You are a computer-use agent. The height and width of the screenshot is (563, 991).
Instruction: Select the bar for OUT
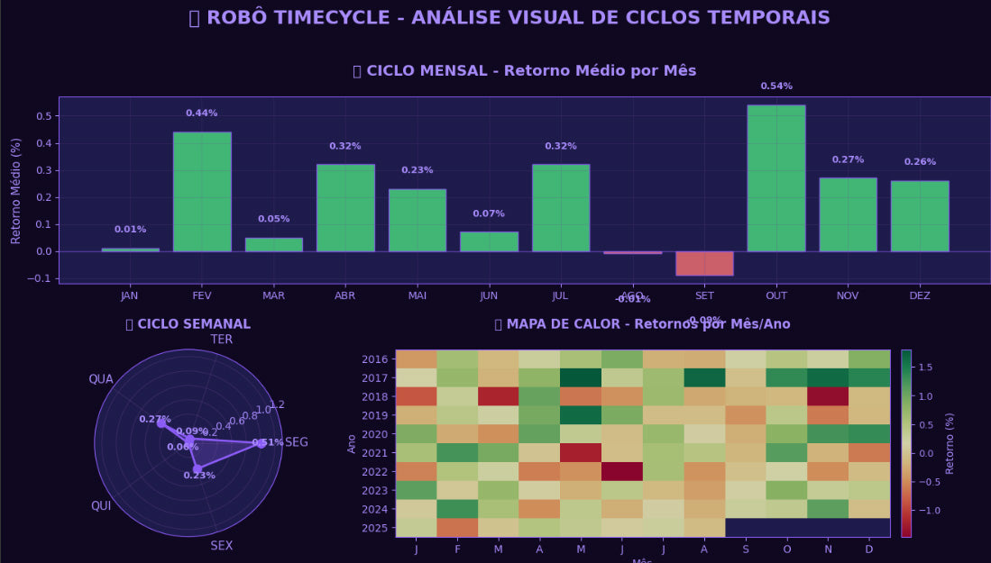click(x=775, y=178)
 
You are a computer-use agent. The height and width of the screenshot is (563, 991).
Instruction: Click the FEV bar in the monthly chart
click(x=202, y=192)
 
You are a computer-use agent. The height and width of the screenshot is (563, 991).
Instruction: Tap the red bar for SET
click(x=704, y=263)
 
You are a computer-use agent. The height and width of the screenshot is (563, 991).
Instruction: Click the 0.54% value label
click(x=776, y=86)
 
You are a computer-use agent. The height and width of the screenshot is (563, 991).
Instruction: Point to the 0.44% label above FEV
click(x=202, y=114)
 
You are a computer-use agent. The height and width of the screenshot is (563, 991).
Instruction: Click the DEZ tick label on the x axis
click(x=920, y=295)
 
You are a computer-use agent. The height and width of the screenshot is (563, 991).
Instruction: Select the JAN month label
click(x=130, y=295)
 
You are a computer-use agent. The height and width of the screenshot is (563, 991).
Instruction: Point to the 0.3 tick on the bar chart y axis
click(x=42, y=170)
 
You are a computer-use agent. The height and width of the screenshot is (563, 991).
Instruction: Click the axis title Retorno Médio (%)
click(x=16, y=190)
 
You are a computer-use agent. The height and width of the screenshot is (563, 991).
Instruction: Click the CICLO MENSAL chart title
click(x=525, y=71)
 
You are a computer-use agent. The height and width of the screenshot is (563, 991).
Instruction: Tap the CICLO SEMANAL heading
click(x=188, y=324)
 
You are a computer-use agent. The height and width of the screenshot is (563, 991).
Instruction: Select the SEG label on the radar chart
click(x=297, y=442)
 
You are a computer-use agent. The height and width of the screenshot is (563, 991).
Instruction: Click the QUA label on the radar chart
click(x=101, y=379)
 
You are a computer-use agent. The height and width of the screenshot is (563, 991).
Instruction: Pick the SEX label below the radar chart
click(x=222, y=546)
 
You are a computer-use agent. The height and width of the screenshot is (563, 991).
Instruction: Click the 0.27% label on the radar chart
click(x=154, y=420)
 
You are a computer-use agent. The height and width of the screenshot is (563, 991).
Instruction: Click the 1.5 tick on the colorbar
click(x=925, y=368)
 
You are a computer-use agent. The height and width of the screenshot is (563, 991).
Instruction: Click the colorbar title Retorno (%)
click(x=950, y=443)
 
